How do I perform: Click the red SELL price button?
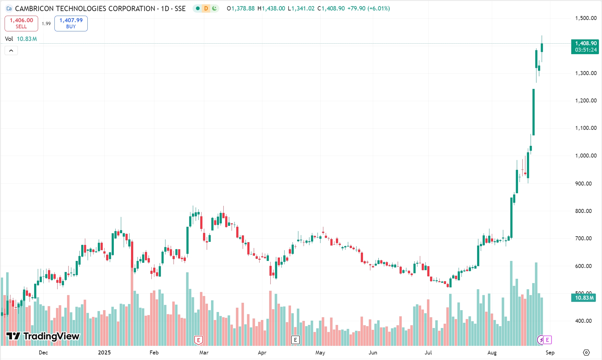coord(21,23)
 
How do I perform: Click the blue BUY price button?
coord(71,23)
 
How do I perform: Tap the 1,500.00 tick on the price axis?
coord(586,18)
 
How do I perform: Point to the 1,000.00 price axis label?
coord(586,156)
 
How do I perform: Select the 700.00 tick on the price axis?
coord(583,238)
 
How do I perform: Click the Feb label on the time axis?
coord(154,353)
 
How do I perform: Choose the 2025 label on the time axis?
coord(104,353)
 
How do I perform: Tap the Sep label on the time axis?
coord(550,353)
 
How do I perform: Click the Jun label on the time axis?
coord(373,353)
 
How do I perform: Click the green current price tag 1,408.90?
coord(585,46)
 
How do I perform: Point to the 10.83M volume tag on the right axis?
coord(584,298)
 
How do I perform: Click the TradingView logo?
coord(43,336)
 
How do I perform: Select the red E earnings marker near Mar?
coord(198,340)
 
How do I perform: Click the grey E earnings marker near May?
coord(295,340)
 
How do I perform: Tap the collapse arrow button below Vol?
coord(11,50)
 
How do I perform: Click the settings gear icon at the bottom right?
coord(586,353)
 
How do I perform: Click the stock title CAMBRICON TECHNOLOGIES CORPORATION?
coord(85,9)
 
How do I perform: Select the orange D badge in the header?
coord(206,9)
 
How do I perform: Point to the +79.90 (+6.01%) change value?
coord(369,9)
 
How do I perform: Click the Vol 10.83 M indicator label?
coord(21,39)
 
